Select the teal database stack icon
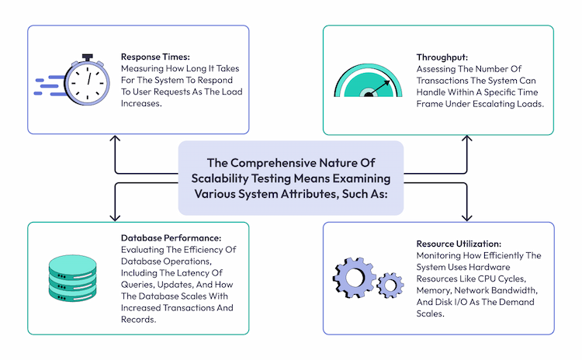(x=75, y=279)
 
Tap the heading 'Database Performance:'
(x=169, y=237)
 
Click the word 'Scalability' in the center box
(x=220, y=178)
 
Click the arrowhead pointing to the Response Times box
(x=116, y=138)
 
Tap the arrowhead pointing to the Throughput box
(x=466, y=138)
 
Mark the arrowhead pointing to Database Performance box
(x=116, y=218)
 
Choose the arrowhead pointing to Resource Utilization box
(x=466, y=218)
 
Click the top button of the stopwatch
(x=87, y=57)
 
